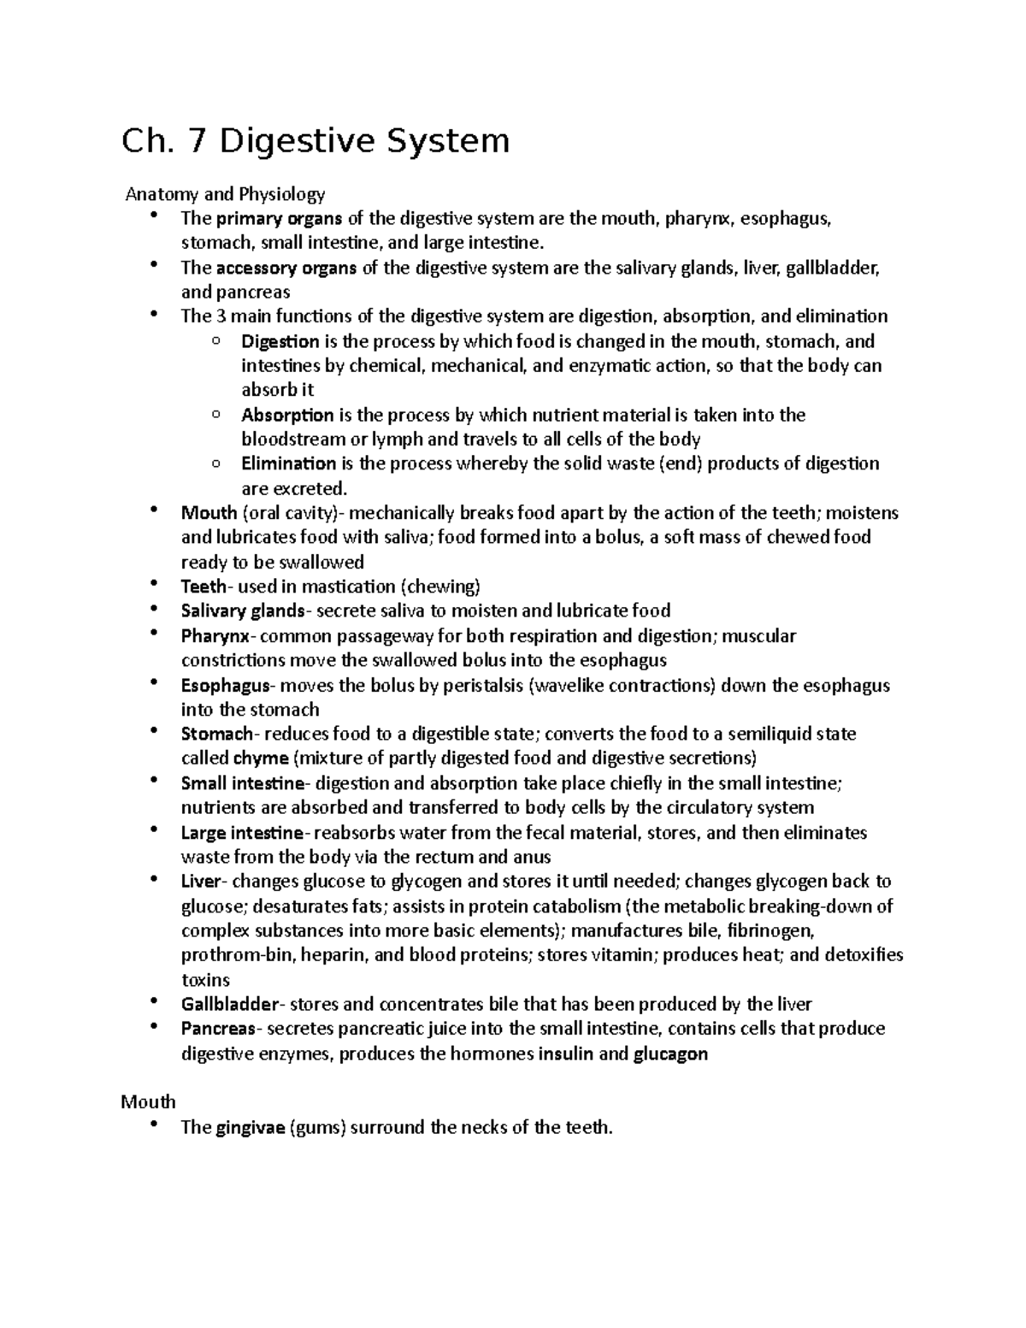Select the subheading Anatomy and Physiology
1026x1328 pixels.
click(x=225, y=194)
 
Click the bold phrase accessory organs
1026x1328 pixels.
click(x=286, y=268)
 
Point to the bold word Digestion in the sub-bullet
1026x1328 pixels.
click(x=280, y=341)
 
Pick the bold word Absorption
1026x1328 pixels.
click(x=287, y=416)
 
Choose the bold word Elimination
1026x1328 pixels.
click(x=288, y=464)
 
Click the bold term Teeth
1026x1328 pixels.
click(x=203, y=587)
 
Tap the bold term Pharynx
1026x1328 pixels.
click(x=215, y=636)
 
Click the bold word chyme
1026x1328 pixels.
click(x=260, y=758)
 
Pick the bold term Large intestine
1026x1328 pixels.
click(x=241, y=833)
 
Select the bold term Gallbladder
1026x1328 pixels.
click(x=230, y=1005)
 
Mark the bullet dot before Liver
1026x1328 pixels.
click(x=154, y=879)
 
